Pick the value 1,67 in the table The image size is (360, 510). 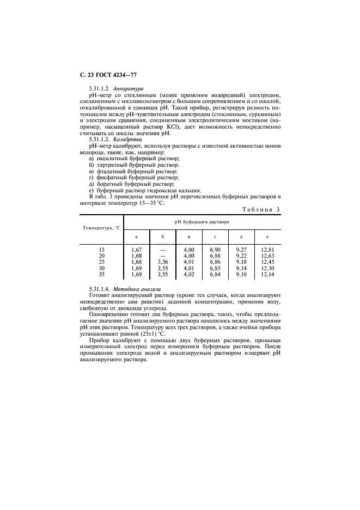136,250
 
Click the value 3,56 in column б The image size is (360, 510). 162,262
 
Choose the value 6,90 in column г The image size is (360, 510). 215,250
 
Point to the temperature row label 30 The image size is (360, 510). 101,268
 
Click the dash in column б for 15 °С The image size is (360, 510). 162,250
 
